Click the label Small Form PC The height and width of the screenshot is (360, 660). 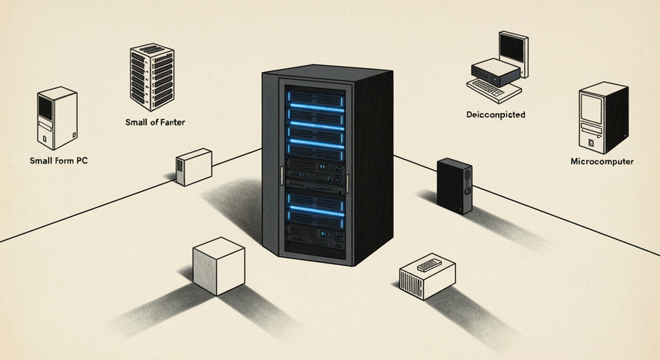(x=59, y=161)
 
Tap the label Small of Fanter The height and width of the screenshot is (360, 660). (x=155, y=122)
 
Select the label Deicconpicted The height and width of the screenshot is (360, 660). (x=496, y=115)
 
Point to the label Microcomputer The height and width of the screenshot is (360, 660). (x=602, y=161)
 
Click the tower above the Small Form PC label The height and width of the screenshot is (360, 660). (x=57, y=118)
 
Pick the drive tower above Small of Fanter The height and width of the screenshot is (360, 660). (x=152, y=76)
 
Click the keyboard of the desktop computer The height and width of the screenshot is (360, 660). (x=493, y=89)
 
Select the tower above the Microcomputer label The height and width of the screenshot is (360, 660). (x=603, y=118)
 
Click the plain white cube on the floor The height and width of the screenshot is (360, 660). (x=219, y=266)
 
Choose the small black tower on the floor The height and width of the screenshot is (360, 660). (x=455, y=186)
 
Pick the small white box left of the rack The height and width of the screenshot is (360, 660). (x=193, y=167)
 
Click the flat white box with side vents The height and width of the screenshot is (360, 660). (x=427, y=276)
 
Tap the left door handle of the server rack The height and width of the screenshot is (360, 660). (x=282, y=176)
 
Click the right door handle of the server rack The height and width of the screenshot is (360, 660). (x=348, y=184)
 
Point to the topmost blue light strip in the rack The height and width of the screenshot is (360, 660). (x=316, y=107)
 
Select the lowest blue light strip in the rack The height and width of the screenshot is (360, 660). (x=316, y=211)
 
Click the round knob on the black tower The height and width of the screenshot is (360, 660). (x=467, y=191)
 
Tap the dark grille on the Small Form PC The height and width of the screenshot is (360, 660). (x=46, y=107)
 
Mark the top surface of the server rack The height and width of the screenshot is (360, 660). (x=328, y=73)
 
